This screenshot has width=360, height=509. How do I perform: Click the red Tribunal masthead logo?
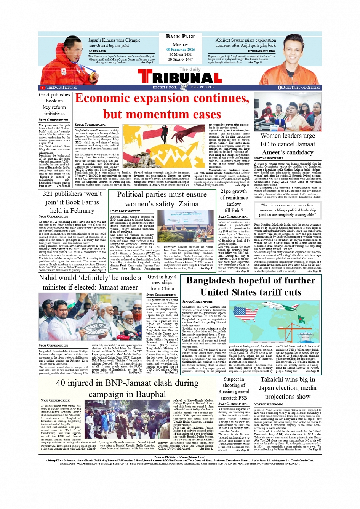click(x=180, y=77)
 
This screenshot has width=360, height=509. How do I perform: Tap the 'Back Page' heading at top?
click(x=180, y=37)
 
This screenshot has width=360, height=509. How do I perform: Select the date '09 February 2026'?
click(x=180, y=50)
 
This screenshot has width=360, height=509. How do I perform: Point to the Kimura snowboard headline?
click(x=114, y=43)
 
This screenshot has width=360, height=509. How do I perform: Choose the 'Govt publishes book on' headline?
click(x=54, y=104)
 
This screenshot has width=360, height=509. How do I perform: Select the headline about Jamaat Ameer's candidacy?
click(x=288, y=144)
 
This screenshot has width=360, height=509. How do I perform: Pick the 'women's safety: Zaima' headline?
click(x=162, y=199)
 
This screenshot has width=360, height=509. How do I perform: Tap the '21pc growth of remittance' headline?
click(x=234, y=200)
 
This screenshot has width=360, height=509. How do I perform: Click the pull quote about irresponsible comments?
click(x=288, y=210)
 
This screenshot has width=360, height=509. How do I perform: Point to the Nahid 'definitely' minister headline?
click(x=90, y=282)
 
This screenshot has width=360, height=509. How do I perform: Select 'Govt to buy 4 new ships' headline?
click(x=162, y=282)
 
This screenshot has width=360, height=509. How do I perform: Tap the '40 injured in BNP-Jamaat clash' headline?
click(x=127, y=388)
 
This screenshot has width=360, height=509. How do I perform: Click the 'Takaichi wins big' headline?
click(x=288, y=388)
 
